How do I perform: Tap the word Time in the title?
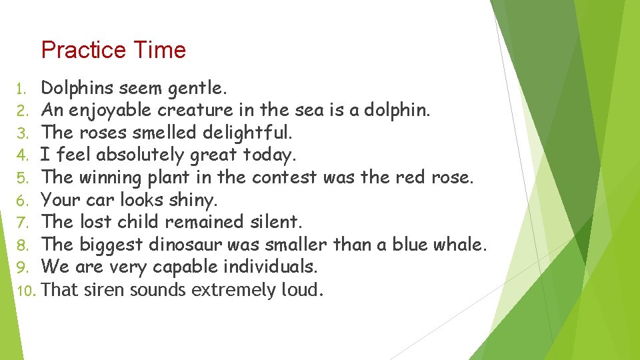click(159, 51)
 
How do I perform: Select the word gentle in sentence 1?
click(197, 88)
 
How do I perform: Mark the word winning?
click(110, 177)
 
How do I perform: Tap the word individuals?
click(271, 267)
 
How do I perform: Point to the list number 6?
click(21, 201)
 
